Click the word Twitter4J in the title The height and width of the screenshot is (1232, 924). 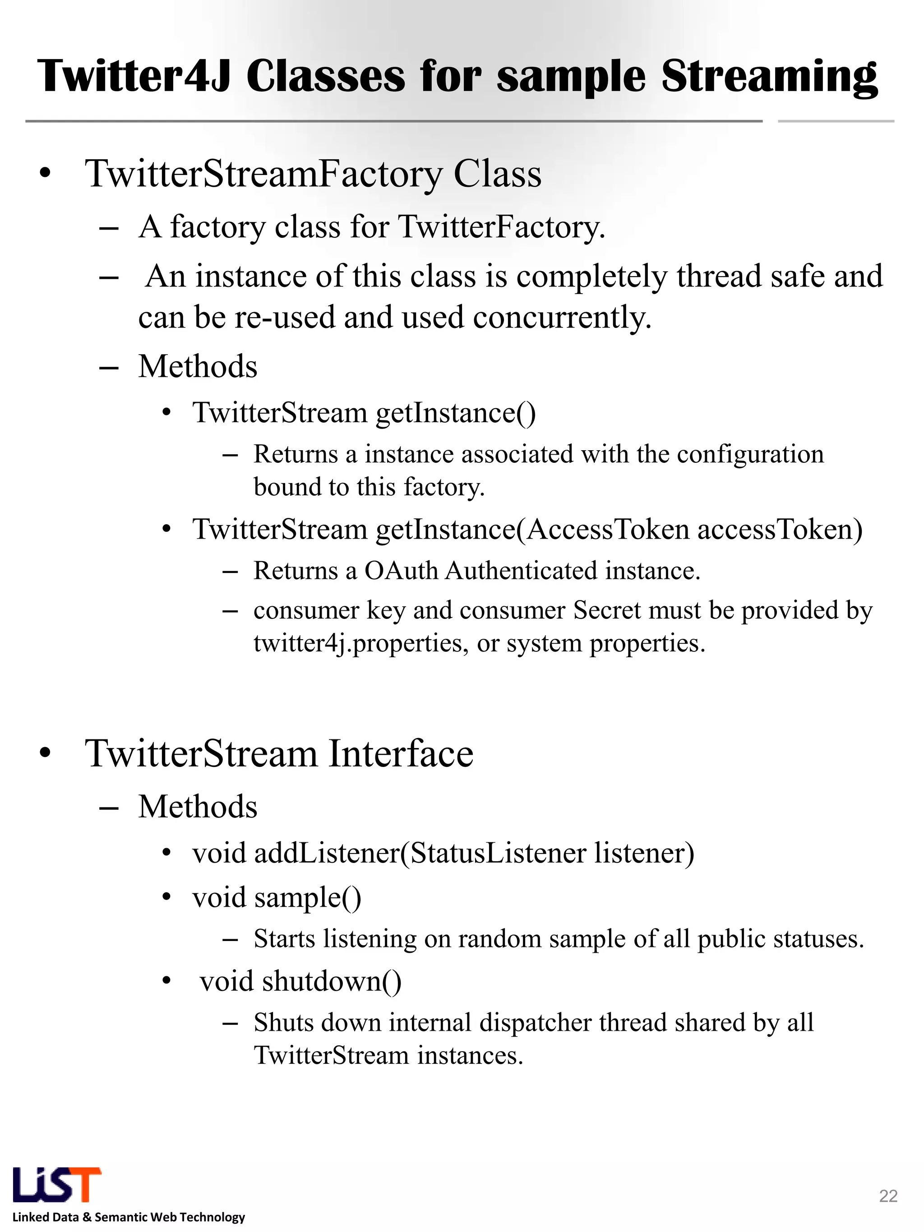point(134,77)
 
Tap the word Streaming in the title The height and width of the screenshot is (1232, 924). point(769,77)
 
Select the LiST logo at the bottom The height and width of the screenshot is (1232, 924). point(56,1184)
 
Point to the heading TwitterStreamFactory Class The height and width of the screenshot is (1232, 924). point(313,174)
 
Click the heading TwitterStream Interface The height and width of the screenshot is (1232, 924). point(279,753)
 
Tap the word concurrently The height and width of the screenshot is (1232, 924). point(562,318)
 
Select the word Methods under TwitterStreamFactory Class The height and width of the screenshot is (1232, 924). point(198,366)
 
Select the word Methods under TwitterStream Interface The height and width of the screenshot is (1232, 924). point(198,807)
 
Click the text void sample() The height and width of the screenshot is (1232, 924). point(277,897)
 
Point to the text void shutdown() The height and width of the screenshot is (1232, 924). point(301,981)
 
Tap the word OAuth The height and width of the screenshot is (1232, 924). point(401,571)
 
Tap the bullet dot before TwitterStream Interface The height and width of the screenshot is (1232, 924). point(45,753)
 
